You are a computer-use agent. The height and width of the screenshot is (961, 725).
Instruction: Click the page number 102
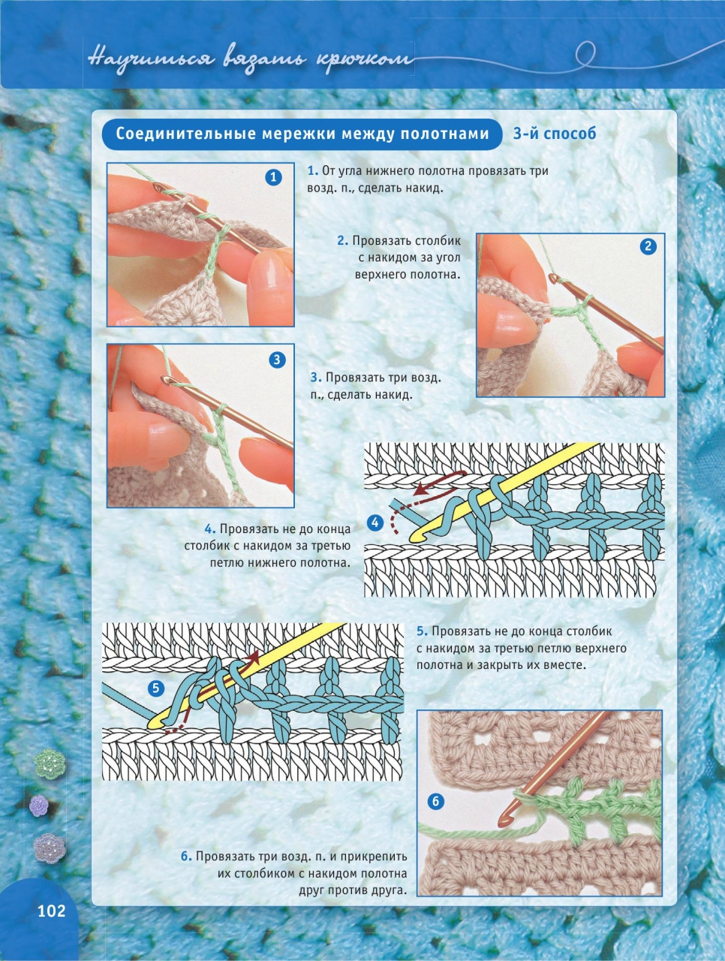point(52,911)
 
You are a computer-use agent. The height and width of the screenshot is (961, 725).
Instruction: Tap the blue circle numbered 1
point(273,177)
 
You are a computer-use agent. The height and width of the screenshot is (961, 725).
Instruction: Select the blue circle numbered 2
point(648,246)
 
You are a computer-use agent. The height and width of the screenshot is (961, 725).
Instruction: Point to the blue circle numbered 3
point(276,360)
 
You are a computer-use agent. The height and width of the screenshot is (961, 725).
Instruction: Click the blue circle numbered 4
point(375,523)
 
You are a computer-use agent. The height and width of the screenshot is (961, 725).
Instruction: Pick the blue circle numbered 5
point(156,688)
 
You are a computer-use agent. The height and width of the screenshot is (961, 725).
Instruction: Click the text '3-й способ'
point(555,134)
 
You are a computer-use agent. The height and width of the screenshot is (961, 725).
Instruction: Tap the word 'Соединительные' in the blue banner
point(185,134)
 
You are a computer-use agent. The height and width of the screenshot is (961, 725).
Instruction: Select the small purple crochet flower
point(39,806)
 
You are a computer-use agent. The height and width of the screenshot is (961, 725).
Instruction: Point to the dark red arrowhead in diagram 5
point(254,657)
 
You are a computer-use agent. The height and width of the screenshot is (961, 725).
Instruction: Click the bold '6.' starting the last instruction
point(186,856)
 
